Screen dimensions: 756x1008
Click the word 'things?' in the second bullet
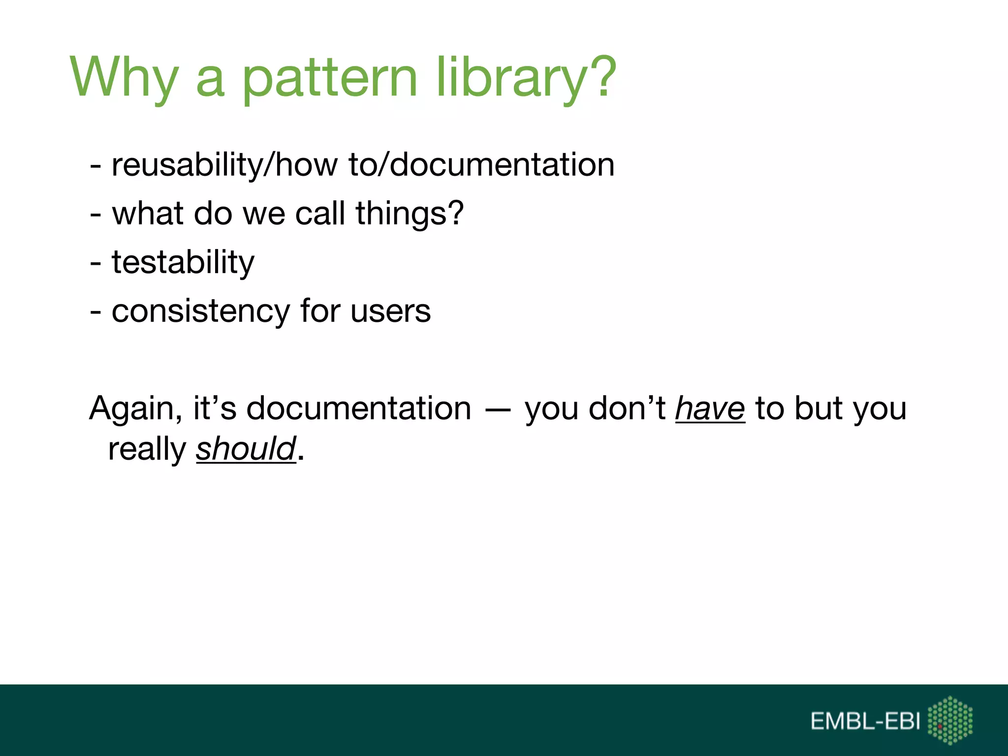point(409,214)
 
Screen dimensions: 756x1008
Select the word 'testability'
point(183,262)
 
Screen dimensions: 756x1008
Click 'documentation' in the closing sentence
point(358,409)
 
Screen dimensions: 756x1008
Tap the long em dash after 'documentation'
point(498,409)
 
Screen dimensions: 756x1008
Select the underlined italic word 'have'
point(710,409)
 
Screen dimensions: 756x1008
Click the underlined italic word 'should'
point(246,449)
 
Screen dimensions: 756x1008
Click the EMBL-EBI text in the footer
point(865,722)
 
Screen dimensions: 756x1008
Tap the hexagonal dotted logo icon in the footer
point(950,720)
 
